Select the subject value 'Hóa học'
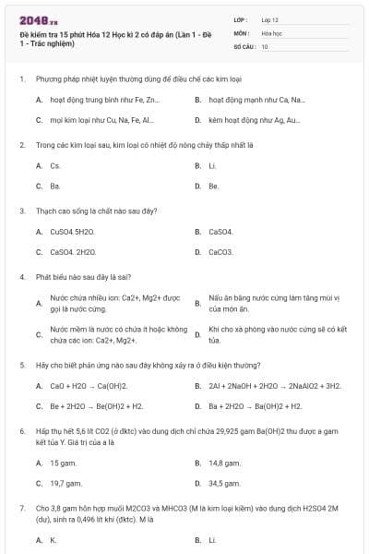[x=271, y=32]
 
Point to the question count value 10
[x=265, y=46]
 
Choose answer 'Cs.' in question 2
[x=55, y=165]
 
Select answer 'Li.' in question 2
[x=212, y=165]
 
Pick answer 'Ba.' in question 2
[x=55, y=186]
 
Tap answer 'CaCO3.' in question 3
[x=220, y=251]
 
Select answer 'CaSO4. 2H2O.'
[x=73, y=251]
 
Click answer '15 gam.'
[x=63, y=462]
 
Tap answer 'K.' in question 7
[x=54, y=539]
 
